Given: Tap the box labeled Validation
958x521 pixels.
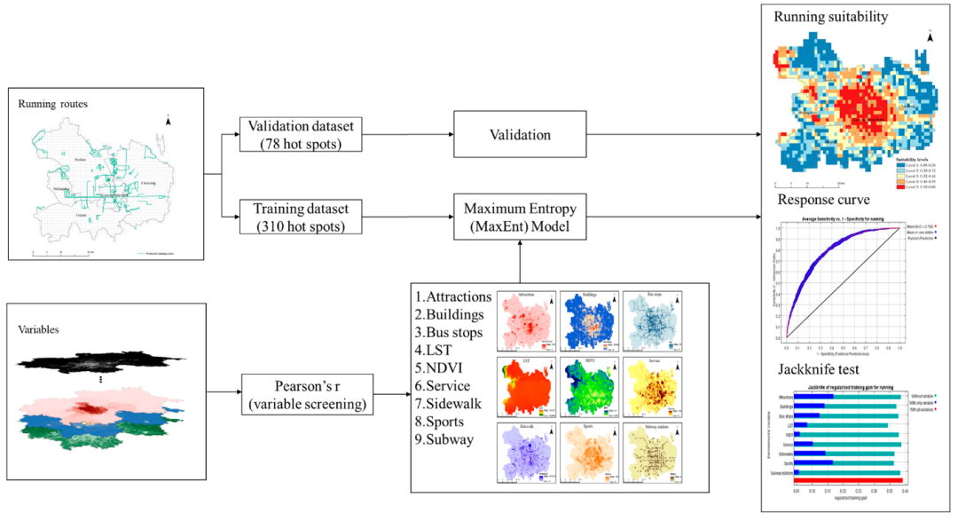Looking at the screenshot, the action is pyautogui.click(x=520, y=135).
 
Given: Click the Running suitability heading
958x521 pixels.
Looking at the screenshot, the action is pyautogui.click(x=830, y=17).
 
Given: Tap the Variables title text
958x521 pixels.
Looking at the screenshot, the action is pyautogui.click(x=38, y=328).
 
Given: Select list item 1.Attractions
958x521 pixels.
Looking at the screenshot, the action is pyautogui.click(x=453, y=296).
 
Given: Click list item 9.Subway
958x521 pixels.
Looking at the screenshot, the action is pyautogui.click(x=449, y=438).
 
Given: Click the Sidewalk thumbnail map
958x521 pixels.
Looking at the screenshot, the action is pyautogui.click(x=527, y=454).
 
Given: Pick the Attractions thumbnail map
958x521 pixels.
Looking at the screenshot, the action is pyautogui.click(x=527, y=320).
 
